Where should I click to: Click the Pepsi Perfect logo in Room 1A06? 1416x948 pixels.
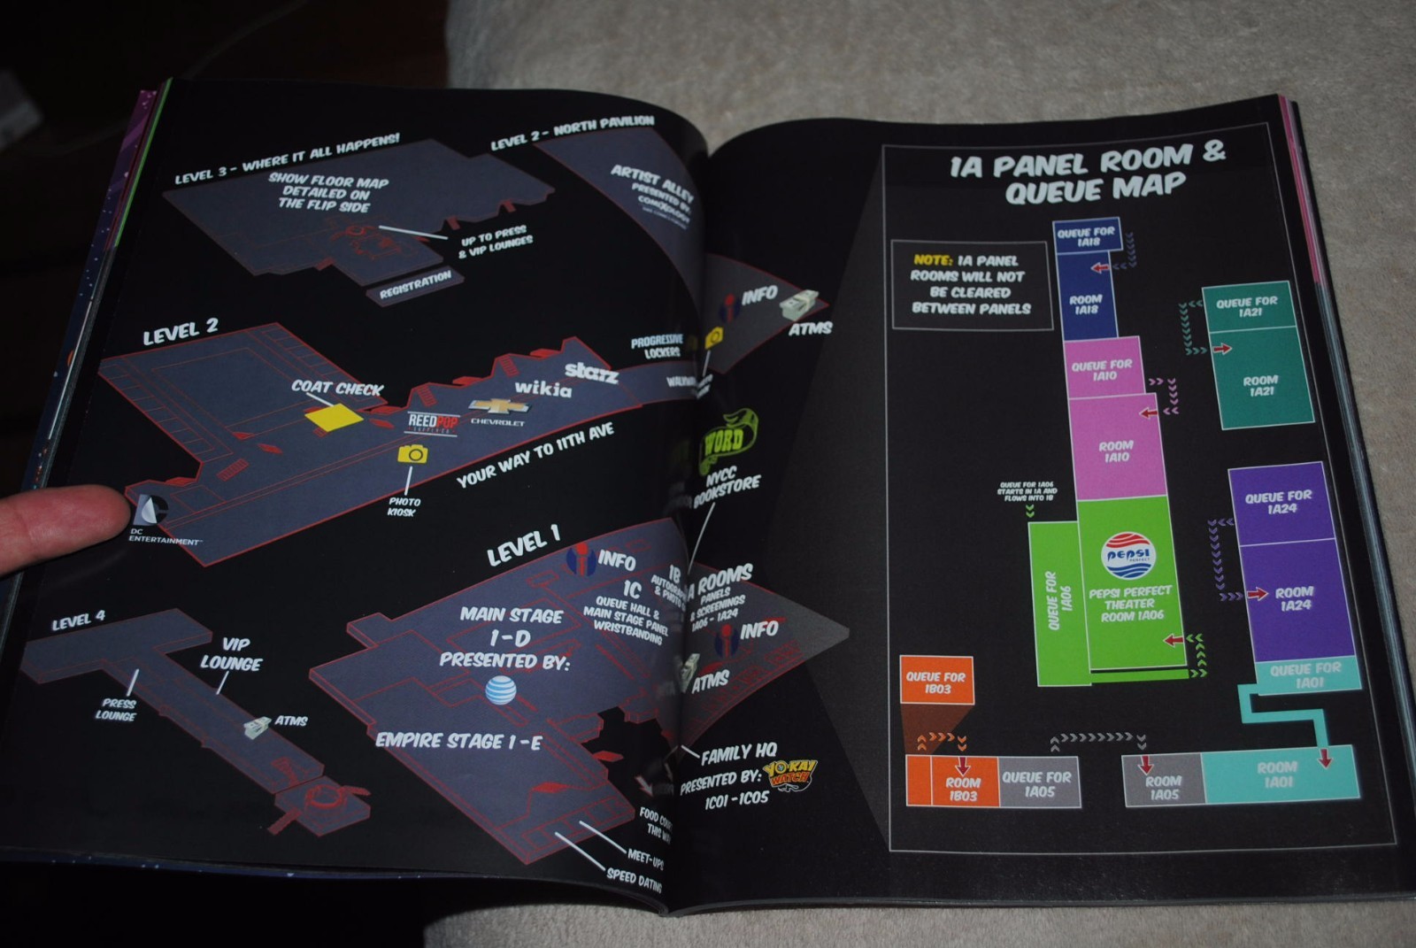point(1128,555)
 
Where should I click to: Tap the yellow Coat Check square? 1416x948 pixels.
point(334,417)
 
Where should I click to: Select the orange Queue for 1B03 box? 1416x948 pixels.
point(936,681)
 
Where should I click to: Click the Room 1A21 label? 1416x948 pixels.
point(1259,385)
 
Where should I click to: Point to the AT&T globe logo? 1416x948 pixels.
point(501,690)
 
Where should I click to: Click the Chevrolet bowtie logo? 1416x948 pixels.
point(498,406)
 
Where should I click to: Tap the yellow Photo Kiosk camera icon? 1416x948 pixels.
point(412,454)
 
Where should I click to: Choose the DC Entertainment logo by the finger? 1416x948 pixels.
point(151,511)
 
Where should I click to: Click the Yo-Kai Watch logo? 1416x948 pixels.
point(789,774)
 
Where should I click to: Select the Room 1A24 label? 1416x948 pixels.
point(1294,598)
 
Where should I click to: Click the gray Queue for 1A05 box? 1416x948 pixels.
point(1036,783)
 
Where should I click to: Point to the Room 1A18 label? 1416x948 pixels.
point(1085,304)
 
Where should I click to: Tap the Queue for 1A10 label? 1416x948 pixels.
point(1102,370)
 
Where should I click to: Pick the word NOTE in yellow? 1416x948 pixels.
point(933,260)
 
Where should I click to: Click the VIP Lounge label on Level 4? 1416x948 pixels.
point(231,654)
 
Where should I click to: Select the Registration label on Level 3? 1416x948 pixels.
point(415,285)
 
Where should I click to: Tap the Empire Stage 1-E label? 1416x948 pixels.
point(458,741)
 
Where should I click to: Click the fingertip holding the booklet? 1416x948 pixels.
point(62,522)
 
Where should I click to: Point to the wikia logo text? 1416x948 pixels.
point(543,387)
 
